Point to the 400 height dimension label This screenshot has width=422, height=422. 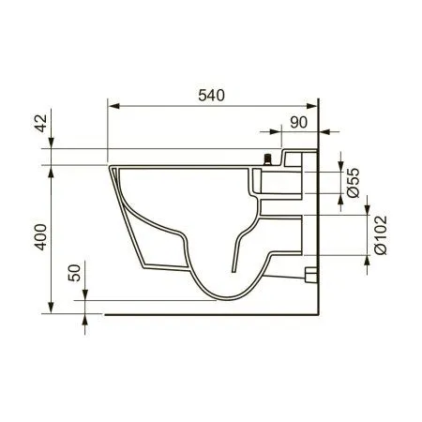click(39, 239)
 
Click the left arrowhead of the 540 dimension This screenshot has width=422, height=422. click(113, 106)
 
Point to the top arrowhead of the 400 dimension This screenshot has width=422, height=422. click(50, 171)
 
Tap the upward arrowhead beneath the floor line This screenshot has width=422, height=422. click(85, 320)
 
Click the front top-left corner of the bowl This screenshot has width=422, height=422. click(111, 167)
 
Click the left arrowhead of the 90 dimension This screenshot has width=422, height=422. click(287, 131)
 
